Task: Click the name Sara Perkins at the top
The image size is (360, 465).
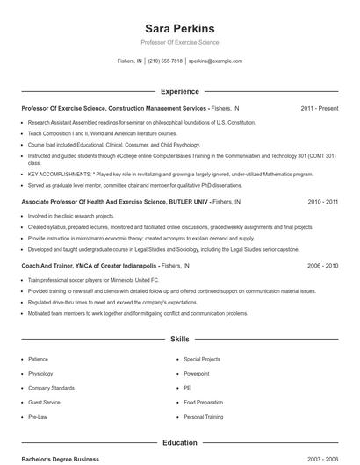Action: tap(179, 28)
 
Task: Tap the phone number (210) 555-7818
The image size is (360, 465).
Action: tap(165, 61)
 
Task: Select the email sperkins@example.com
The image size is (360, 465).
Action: tap(215, 61)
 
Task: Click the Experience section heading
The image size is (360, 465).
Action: tap(179, 91)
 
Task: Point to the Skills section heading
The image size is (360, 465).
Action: tap(179, 338)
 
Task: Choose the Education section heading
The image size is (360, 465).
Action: tap(179, 443)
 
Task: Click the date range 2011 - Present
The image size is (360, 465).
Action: tap(319, 108)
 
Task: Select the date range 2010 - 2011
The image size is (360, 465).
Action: tap(322, 201)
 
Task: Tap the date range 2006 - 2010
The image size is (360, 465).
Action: tap(322, 265)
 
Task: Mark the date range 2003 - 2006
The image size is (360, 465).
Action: tap(322, 460)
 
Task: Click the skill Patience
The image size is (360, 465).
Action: tap(38, 359)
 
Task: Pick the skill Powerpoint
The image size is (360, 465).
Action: tap(197, 373)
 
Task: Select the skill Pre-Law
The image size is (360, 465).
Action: tap(38, 417)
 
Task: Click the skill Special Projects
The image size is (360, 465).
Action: tap(201, 359)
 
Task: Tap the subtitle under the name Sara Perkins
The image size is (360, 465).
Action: tap(179, 42)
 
